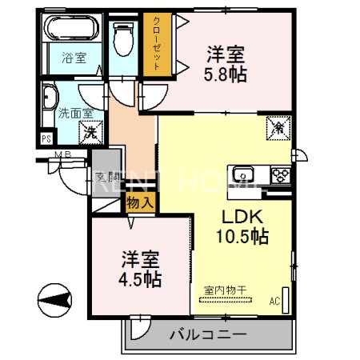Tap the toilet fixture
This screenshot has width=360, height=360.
123,36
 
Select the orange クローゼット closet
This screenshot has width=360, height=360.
155,46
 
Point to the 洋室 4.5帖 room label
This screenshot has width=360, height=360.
142,270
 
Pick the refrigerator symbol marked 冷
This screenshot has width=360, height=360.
277,127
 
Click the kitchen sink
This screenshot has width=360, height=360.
242,174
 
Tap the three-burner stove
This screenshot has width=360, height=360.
281,174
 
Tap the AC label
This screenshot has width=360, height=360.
274,302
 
